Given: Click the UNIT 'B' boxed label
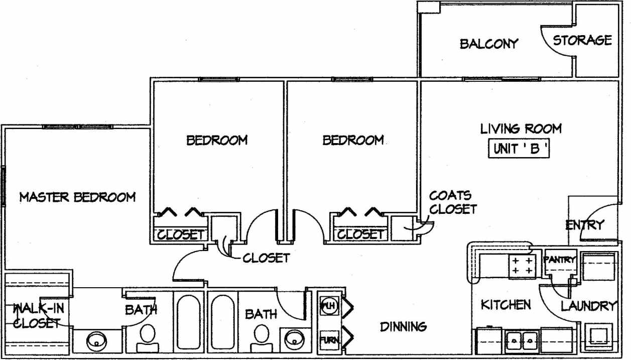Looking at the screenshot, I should [519, 149].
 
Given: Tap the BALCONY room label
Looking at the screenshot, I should [488, 44].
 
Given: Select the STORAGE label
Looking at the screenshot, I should [582, 40].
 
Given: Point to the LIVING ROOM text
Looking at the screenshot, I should [521, 129].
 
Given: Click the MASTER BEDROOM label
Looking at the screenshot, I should [77, 197].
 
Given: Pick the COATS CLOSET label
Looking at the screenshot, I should [452, 202].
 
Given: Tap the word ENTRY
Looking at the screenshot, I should [585, 225].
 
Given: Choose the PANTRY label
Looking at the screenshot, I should [559, 260].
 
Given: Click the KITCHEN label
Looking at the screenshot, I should [506, 305].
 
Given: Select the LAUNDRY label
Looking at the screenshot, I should [588, 306].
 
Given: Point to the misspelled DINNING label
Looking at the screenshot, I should [403, 327].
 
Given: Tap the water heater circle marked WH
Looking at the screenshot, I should [328, 305].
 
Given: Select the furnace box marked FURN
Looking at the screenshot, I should [329, 340].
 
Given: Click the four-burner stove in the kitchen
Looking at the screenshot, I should [522, 266].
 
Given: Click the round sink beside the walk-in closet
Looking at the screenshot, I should [96, 342].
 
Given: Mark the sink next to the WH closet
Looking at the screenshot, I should [293, 340].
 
